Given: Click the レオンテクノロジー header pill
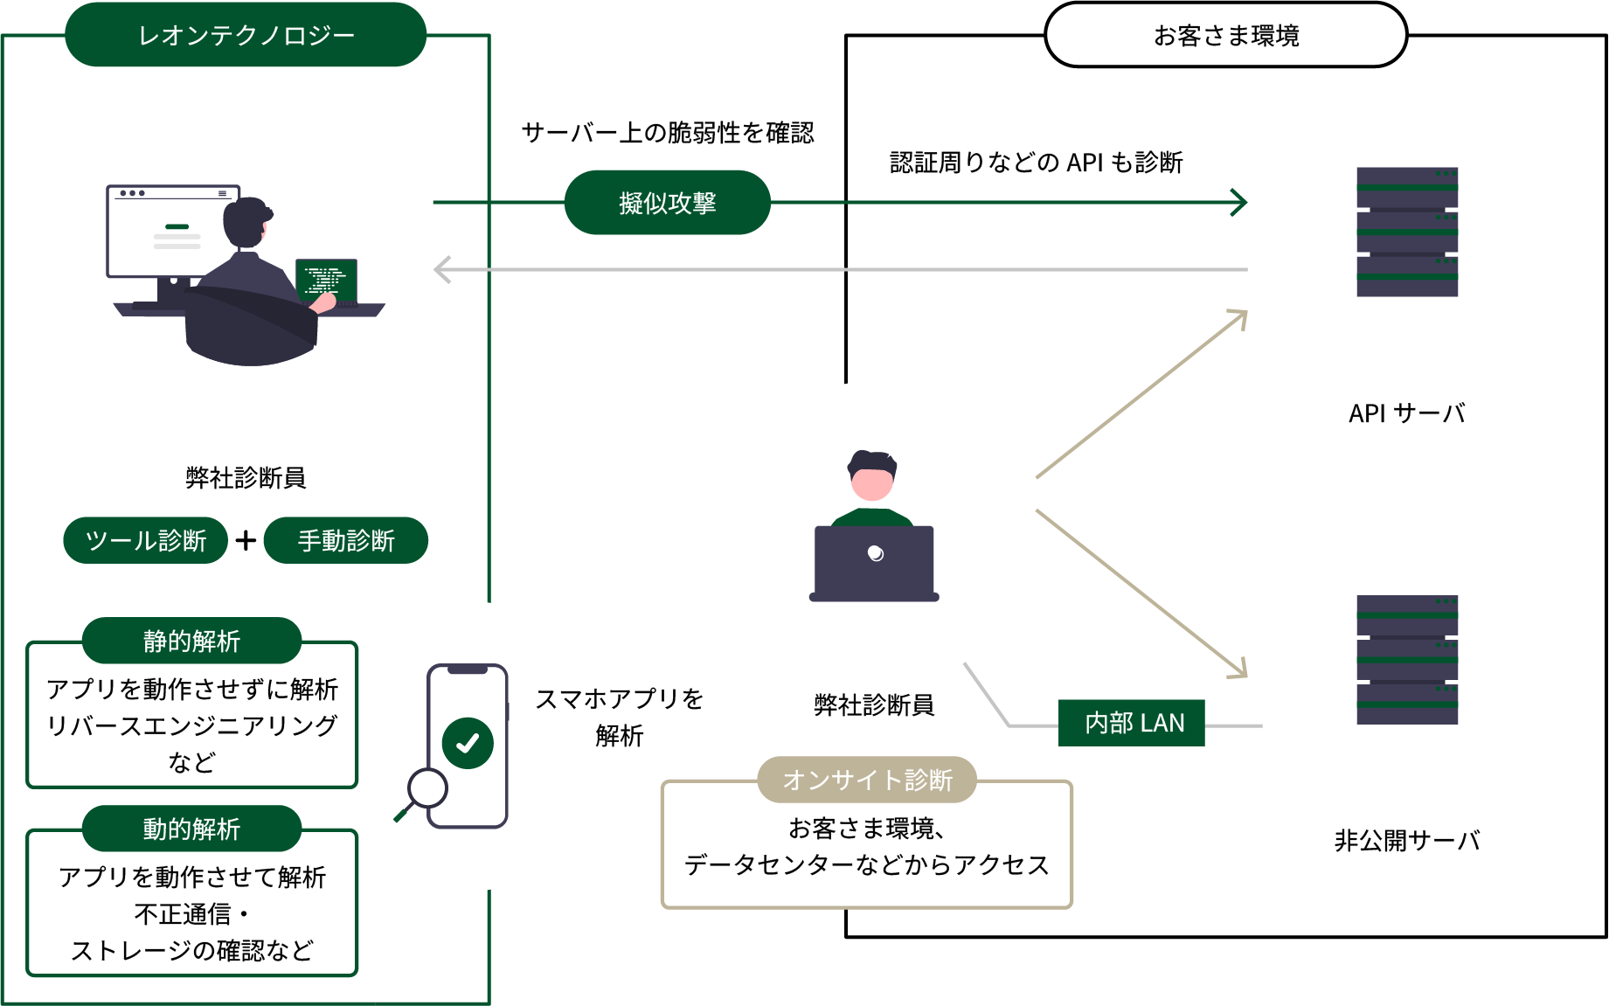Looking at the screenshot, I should coord(246,35).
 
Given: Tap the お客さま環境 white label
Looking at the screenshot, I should coord(1225,36).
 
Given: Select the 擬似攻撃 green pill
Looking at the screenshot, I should coord(667,203).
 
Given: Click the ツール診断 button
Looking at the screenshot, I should coord(146,540).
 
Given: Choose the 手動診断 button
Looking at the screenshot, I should coord(346,540).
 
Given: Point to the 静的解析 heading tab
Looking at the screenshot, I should coord(191,641).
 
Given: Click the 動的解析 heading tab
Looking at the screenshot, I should coord(191,829).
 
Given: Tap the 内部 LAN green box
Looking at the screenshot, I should coord(1132,723).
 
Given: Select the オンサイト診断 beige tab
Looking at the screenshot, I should coord(866,779).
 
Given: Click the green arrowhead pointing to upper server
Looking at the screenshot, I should coord(1239,202).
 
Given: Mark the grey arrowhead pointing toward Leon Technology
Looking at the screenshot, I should coord(442,269).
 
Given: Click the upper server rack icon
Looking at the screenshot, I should coord(1406,232).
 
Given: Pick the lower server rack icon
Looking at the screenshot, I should coord(1406,660).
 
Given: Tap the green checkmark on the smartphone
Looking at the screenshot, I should coord(468,743).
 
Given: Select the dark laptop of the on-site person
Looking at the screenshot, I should coord(874,562).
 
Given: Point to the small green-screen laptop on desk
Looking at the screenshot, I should coord(327,280).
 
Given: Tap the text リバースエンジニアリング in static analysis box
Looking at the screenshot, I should coord(191,725).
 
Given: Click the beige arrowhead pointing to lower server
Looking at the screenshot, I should coord(1239,670).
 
